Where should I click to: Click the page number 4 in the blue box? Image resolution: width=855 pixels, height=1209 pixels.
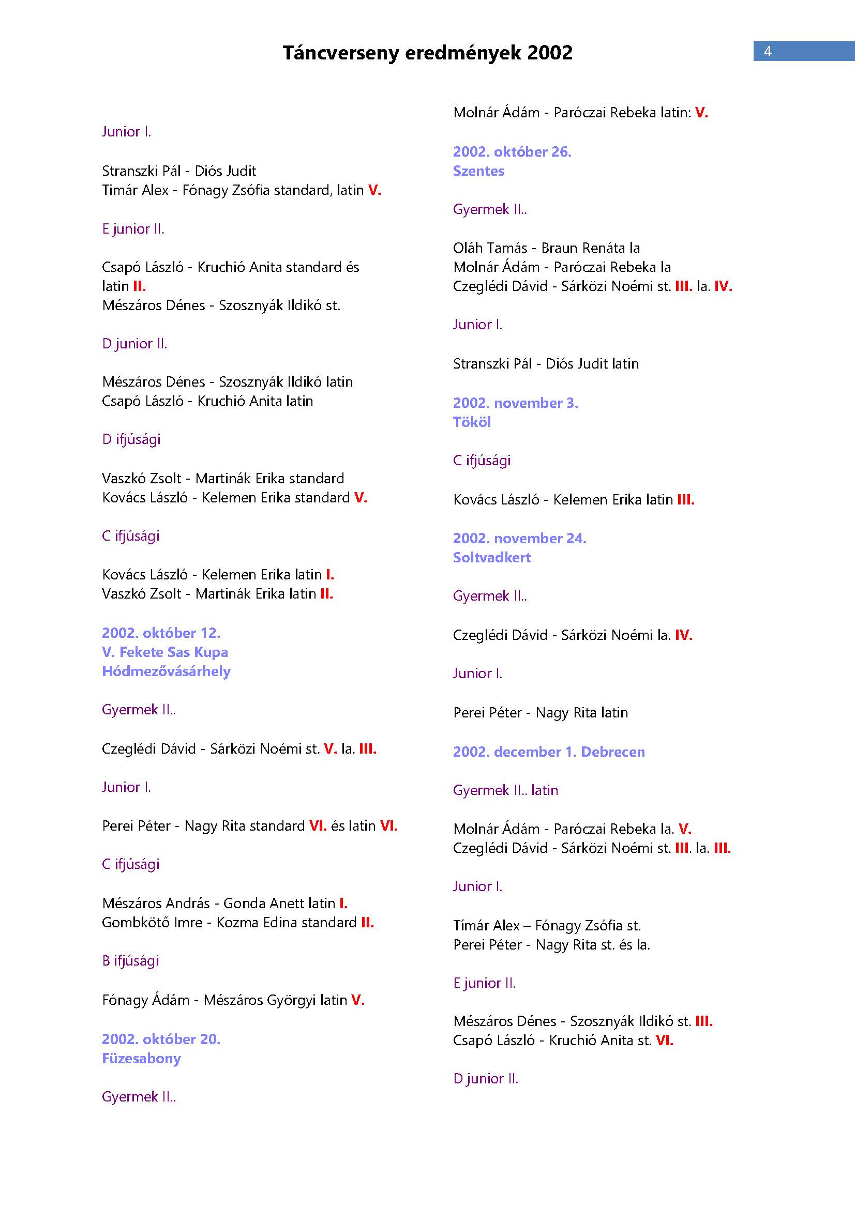(x=768, y=51)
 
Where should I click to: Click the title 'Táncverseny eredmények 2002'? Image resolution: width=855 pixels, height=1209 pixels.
(x=427, y=53)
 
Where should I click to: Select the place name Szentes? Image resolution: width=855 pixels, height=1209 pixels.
(x=478, y=171)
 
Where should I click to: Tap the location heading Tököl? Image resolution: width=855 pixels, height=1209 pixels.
(x=472, y=422)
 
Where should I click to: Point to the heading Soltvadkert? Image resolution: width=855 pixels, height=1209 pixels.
(x=491, y=557)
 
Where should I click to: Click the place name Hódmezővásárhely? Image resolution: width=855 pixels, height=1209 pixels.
(x=166, y=671)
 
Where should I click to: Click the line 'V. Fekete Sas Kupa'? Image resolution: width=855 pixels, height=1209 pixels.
(x=165, y=652)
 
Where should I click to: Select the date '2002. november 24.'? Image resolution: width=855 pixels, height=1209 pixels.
(x=519, y=538)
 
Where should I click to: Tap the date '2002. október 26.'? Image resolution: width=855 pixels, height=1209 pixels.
(x=512, y=151)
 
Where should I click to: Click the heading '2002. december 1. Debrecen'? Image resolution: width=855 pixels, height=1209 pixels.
(x=548, y=752)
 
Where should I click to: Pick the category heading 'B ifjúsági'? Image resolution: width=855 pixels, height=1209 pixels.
(x=130, y=960)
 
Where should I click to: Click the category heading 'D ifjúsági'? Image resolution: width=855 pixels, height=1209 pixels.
(x=131, y=439)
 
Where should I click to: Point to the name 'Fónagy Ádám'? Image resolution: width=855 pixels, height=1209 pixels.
(x=145, y=1000)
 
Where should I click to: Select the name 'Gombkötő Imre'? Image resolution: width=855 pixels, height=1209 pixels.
(x=152, y=922)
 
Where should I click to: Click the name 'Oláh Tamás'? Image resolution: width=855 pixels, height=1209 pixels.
(x=490, y=248)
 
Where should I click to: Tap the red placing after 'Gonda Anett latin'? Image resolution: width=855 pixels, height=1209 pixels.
(x=343, y=903)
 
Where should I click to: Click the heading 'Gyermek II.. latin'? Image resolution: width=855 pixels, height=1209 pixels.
(x=505, y=790)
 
